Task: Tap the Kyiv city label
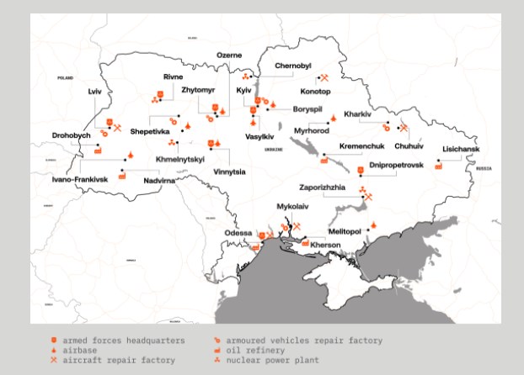(243, 90)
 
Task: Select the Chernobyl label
(292, 66)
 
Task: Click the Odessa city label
(238, 233)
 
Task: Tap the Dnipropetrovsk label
(396, 166)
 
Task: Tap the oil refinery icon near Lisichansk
(438, 166)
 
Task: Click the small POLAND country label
(65, 77)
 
